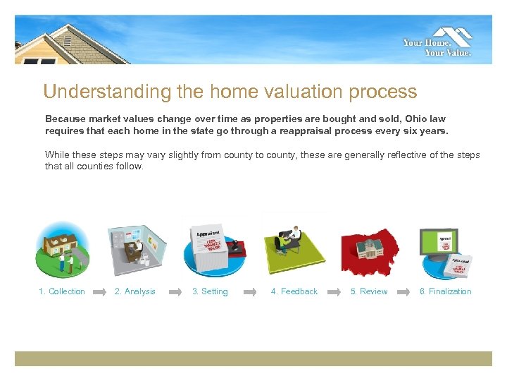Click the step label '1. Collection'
click(62, 291)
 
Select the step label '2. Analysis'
click(135, 291)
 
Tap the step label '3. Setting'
click(210, 291)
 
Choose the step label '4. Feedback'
click(294, 291)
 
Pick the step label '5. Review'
click(369, 291)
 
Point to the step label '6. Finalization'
click(446, 291)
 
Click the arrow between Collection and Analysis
click(100, 291)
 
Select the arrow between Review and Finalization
click(403, 291)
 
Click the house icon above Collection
click(63, 248)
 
